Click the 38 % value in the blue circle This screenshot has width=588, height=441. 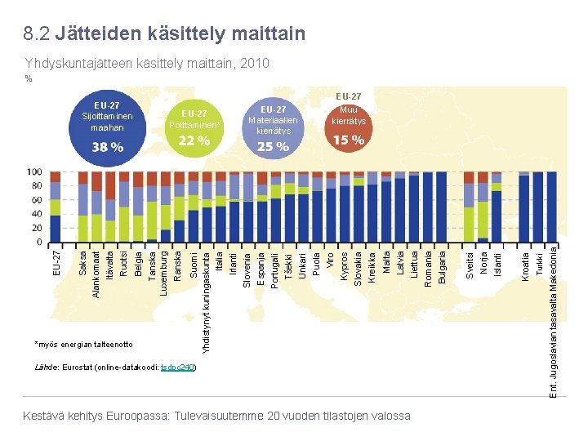tap(107, 147)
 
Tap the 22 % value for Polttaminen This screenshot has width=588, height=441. tap(194, 140)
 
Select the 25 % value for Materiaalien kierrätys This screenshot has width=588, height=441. tap(273, 147)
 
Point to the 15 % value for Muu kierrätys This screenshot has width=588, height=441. tap(349, 140)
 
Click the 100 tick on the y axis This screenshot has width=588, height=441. tap(35, 172)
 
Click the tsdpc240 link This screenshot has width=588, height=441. tap(179, 367)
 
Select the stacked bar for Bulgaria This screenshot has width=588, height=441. tap(442, 207)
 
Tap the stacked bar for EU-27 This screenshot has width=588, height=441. tap(56, 207)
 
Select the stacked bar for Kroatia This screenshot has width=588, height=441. tap(524, 207)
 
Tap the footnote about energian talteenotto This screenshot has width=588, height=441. tap(84, 344)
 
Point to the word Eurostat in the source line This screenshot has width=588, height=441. tap(77, 367)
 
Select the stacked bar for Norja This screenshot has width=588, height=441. tap(483, 207)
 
